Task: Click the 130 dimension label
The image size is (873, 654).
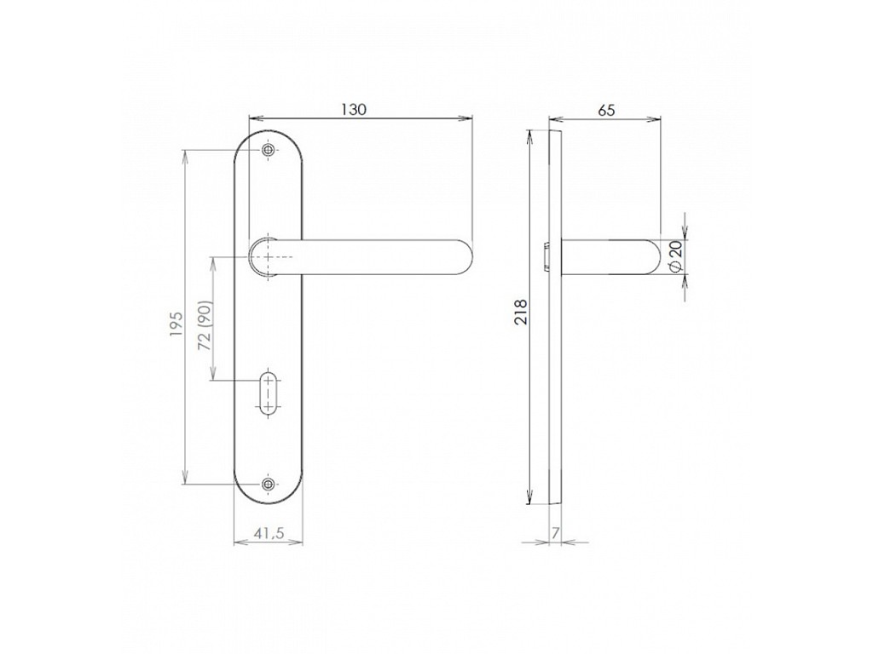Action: (x=354, y=110)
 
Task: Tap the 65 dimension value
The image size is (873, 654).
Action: (x=606, y=110)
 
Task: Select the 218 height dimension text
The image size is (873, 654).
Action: (x=520, y=313)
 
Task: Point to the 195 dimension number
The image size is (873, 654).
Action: (x=176, y=324)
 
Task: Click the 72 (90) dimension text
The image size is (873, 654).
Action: (x=205, y=326)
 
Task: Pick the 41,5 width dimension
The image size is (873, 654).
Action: (x=269, y=533)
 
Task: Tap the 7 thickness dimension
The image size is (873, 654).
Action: (x=556, y=533)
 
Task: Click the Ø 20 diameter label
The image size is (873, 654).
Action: (x=675, y=256)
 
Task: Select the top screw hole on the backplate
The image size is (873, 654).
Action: (x=269, y=150)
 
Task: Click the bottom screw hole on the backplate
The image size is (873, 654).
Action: (x=269, y=485)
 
